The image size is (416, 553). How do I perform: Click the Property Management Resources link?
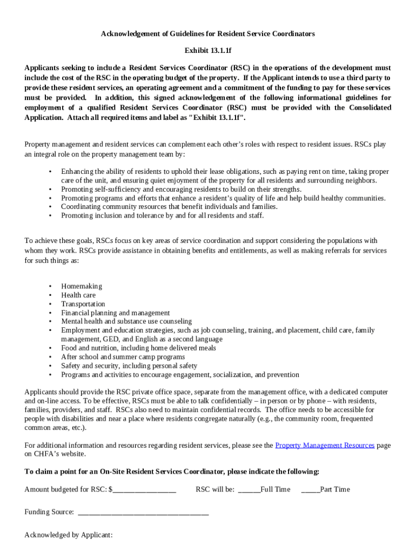click(325, 446)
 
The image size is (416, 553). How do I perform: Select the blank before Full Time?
click(249, 490)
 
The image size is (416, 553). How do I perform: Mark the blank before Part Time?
click(310, 490)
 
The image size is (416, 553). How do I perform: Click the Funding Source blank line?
click(143, 512)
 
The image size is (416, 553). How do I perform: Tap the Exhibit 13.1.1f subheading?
click(207, 51)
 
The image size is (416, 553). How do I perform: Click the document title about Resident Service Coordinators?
click(207, 33)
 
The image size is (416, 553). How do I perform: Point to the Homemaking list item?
click(81, 286)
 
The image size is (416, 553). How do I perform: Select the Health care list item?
click(78, 295)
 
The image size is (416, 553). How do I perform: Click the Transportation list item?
click(83, 304)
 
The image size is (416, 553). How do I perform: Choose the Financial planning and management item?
click(115, 313)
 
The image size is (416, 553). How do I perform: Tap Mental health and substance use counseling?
click(126, 321)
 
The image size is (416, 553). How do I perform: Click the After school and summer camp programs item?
click(123, 357)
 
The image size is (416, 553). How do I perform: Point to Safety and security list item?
click(129, 366)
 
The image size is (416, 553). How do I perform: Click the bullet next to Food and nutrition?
click(50, 348)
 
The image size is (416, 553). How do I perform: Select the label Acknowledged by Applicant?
click(68, 535)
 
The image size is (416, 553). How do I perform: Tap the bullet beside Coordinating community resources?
click(50, 207)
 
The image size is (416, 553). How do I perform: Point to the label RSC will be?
click(215, 490)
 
